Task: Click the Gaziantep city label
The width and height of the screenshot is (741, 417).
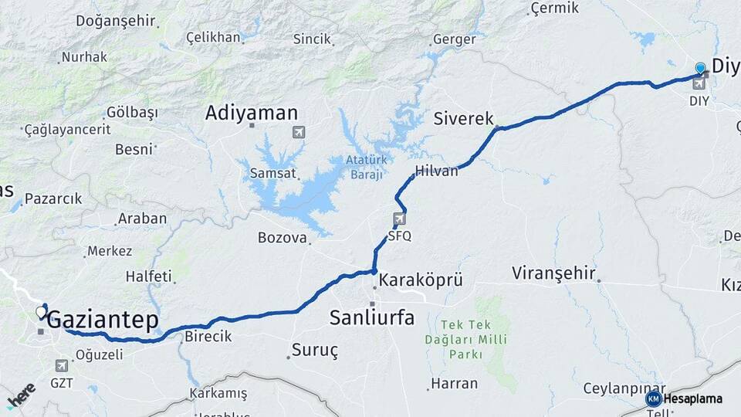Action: (103, 320)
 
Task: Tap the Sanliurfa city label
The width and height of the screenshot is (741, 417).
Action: (371, 317)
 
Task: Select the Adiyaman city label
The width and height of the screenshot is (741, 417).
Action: (251, 114)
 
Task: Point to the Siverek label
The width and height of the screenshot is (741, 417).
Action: (463, 119)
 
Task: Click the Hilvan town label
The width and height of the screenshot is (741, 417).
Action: (436, 171)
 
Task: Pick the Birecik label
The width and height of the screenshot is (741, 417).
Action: (208, 337)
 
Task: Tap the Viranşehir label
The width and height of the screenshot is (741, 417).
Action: (553, 273)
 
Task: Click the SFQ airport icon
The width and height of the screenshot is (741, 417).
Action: (399, 219)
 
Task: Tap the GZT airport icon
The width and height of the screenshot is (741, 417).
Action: (62, 365)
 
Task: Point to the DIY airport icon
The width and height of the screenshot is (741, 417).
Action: (699, 83)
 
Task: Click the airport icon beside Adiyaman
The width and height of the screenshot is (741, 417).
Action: (299, 132)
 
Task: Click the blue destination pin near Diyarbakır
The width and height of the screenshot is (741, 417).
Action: (700, 68)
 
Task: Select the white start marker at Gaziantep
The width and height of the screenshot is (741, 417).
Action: (41, 313)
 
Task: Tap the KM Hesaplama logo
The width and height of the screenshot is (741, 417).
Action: (685, 398)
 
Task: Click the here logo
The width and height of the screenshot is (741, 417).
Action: (21, 395)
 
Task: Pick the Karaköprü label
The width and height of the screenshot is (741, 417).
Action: (421, 280)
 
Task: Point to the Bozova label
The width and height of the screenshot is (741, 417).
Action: (282, 238)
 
